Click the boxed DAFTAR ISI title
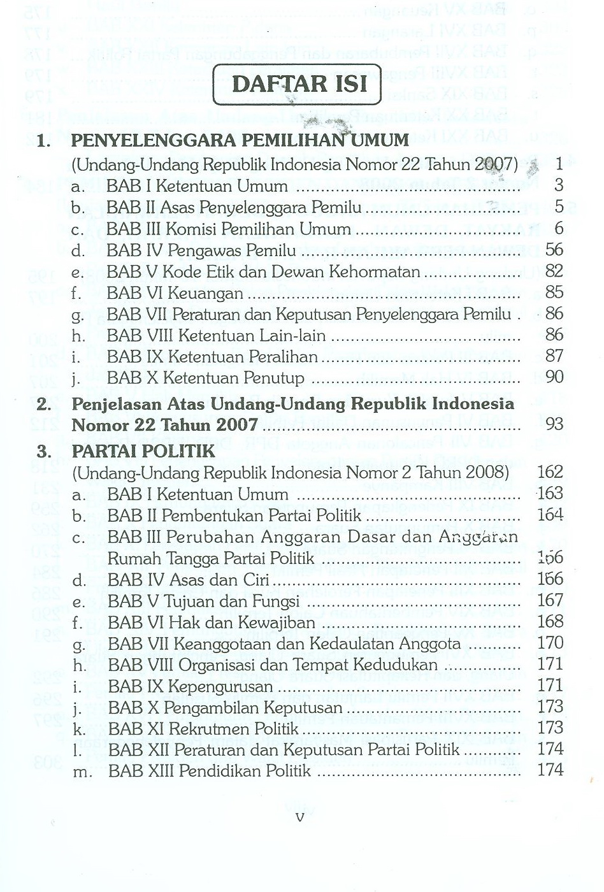point(297,84)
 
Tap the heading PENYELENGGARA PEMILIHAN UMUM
point(240,140)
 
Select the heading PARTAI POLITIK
point(143,451)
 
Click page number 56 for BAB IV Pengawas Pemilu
point(554,250)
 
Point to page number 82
point(554,271)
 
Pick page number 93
point(554,423)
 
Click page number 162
point(550,471)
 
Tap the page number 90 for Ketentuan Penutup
point(554,377)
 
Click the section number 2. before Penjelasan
point(45,404)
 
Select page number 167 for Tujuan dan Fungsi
point(550,600)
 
